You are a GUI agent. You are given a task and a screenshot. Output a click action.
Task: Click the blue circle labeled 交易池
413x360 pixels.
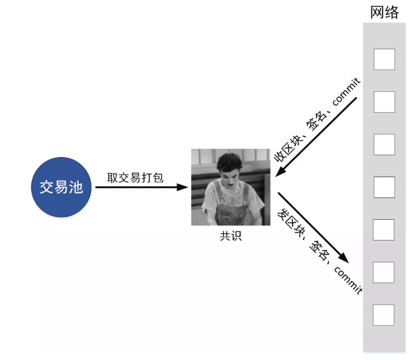[61, 187]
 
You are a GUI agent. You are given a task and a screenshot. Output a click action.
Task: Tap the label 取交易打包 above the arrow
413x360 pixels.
[135, 177]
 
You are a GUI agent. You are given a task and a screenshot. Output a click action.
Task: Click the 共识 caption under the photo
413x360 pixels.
[230, 236]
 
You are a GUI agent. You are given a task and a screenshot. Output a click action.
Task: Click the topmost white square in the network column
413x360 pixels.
[384, 59]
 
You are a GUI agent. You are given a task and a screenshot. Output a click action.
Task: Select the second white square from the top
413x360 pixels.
[384, 102]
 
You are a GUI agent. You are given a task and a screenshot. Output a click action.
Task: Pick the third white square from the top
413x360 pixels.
[384, 145]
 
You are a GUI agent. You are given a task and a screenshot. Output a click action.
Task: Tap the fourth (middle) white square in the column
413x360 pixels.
[384, 187]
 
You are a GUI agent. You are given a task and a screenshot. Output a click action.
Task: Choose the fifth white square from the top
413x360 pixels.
[384, 229]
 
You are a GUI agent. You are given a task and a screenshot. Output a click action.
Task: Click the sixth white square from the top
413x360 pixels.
[384, 272]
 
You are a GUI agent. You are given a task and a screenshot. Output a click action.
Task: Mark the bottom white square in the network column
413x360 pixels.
[384, 315]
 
